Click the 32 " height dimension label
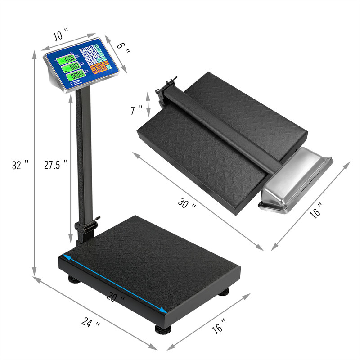[20, 165]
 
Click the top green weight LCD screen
[69, 58]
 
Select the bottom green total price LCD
[75, 75]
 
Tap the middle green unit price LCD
[72, 67]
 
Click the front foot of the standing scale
[162, 328]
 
